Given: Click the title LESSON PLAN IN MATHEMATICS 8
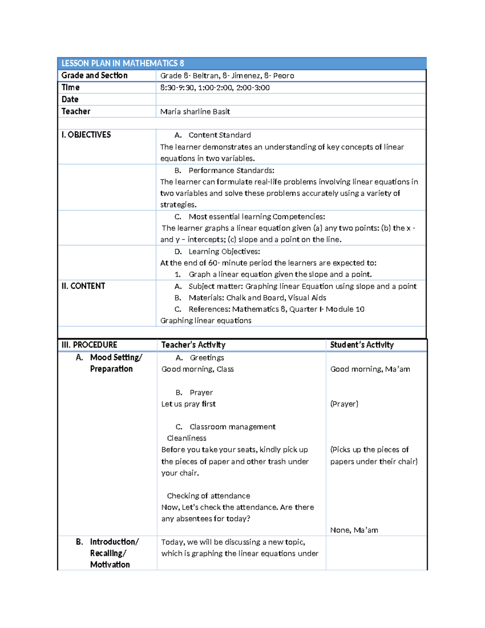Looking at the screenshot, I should pos(122,63).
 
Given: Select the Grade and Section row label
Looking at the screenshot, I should pos(94,76).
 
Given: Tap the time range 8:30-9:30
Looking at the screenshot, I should pos(177,88).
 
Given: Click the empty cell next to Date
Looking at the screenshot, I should pos(291,99).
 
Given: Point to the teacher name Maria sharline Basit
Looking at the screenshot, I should pos(195,112).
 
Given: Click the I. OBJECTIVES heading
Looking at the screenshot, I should pos(86,135).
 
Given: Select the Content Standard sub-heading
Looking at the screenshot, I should pos(219,135).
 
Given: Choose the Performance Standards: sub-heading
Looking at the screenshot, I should pos(231,171).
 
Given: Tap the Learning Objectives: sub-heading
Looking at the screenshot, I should pos(224,252).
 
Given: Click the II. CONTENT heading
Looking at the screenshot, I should pos(83,286).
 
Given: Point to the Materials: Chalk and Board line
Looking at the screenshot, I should pos(257,298).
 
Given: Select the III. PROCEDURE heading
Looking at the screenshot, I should pos(89,345).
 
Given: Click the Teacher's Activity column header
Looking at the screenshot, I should pos(193,345).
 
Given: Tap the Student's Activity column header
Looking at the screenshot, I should pos(362,345).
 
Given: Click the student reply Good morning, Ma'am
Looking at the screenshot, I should pos(370,369).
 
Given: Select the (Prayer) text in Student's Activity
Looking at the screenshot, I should pos(344,404).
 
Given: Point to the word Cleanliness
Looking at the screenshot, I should pos(186,438).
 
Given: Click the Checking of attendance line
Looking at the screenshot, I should pos(208,496).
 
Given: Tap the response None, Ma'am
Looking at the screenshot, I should pos(354,530).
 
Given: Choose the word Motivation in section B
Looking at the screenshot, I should pos(110,565).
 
